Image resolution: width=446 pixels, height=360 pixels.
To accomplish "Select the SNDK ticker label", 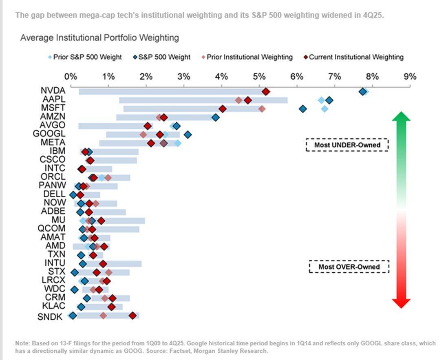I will tap(50, 316).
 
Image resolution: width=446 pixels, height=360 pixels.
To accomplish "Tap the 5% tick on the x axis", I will tap(259, 76).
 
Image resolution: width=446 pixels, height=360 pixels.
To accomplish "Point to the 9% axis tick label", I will tap(410, 76).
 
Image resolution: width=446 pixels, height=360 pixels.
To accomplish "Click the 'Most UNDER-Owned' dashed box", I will tap(347, 145).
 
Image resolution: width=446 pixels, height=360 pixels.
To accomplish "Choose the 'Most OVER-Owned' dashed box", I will tap(349, 267).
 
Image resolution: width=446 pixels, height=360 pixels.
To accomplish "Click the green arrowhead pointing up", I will tap(401, 117).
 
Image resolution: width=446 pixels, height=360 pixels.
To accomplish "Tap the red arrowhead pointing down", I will tap(401, 303).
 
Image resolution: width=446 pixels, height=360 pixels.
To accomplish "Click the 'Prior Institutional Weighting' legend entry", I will tap(247, 57).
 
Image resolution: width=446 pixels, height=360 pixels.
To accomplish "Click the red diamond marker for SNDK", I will tap(132, 315).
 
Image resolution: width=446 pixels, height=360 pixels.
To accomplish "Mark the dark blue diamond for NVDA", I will tap(362, 91).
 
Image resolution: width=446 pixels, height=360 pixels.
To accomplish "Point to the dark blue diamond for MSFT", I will tap(302, 109).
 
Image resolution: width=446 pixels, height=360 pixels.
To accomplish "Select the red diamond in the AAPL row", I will tap(248, 100).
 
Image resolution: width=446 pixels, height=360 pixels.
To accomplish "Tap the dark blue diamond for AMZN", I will tap(216, 117).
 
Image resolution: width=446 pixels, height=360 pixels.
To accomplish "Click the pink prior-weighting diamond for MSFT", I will tap(262, 109).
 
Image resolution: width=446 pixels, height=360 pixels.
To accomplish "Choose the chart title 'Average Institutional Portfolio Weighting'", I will tap(99, 38).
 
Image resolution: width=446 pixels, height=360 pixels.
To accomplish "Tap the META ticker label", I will tap(53, 143).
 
